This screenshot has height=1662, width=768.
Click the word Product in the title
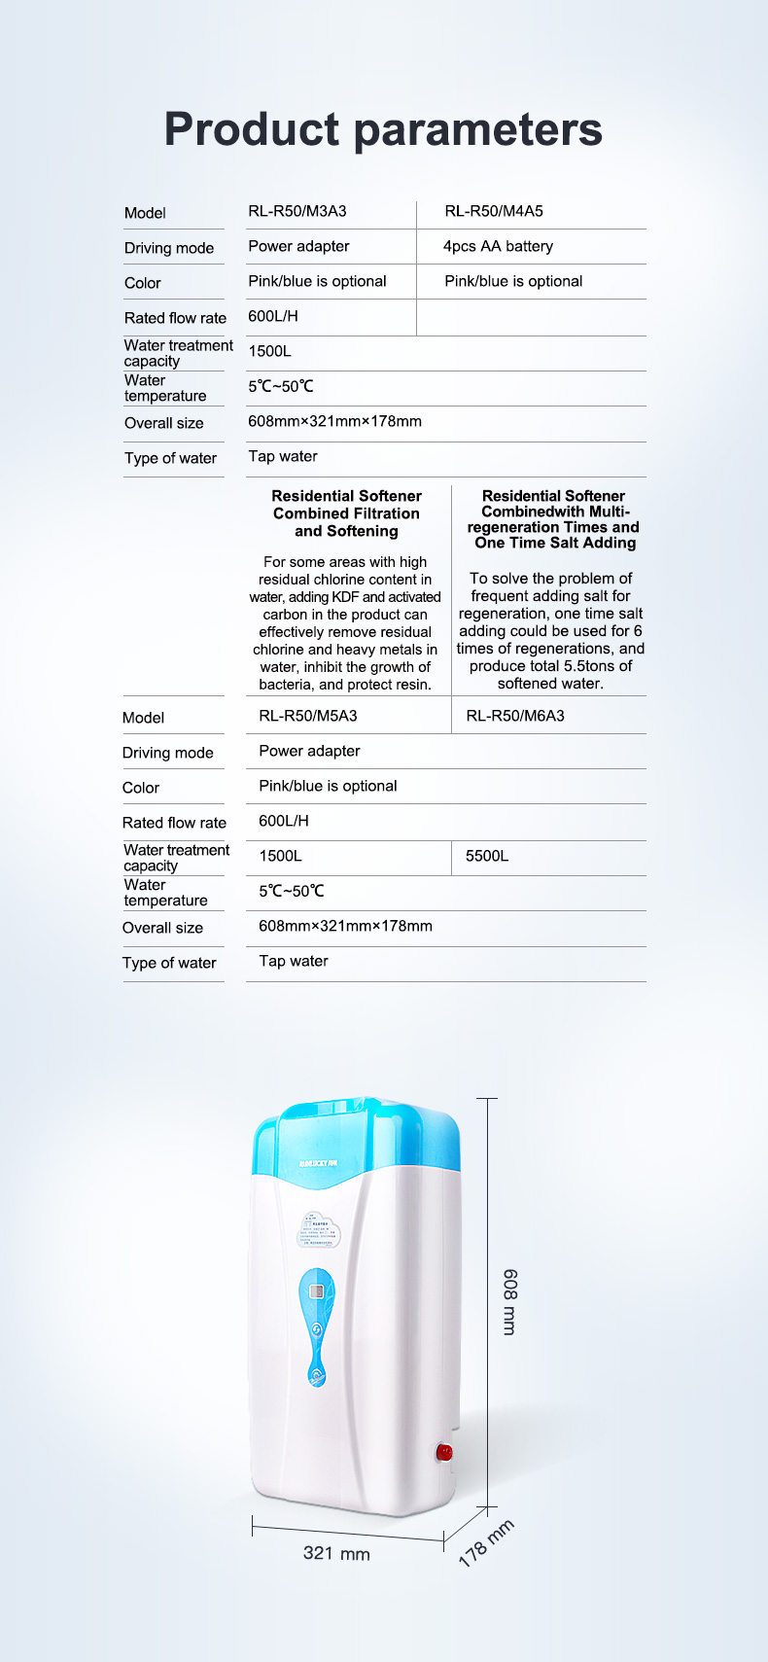pos(252,129)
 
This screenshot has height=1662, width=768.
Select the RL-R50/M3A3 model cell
pos(297,211)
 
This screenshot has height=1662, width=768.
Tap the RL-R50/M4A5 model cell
pos(494,211)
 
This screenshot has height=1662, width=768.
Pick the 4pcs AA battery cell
pos(498,246)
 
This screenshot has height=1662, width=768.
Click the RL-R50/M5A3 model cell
pos(308,716)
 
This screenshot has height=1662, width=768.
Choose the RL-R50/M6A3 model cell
pos(515,716)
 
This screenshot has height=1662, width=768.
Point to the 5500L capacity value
pos(487,856)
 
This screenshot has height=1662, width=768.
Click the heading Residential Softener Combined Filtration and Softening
pos(347,513)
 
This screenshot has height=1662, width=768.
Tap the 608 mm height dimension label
pos(509,1301)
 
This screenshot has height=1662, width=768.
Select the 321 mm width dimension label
pos(336,1554)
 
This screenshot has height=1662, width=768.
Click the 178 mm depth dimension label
pos(486,1543)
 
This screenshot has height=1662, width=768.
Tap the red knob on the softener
pos(445,1453)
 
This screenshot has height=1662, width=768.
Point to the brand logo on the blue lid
pos(318,1163)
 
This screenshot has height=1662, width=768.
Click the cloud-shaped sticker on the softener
pos(320,1230)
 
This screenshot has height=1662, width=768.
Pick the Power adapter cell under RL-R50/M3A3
pos(298,246)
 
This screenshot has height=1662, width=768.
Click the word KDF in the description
pos(345,597)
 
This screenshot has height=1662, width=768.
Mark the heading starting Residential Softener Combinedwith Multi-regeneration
pos(554,519)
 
